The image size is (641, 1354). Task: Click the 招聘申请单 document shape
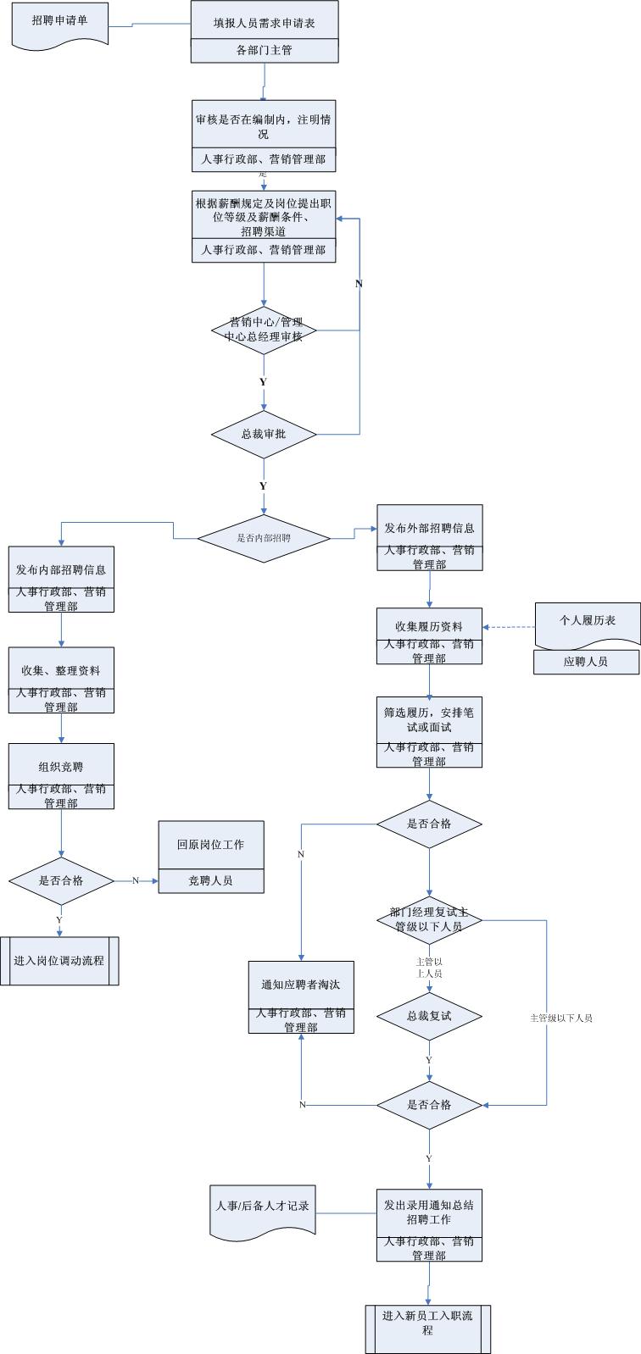(x=59, y=22)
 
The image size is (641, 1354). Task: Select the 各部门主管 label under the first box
(x=264, y=51)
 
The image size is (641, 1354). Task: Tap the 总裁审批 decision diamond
(x=264, y=434)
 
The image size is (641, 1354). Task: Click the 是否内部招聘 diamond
(x=264, y=537)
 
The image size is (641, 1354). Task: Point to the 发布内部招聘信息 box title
(x=61, y=570)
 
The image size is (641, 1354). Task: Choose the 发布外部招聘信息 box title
(x=429, y=528)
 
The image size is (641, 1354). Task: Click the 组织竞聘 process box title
(x=61, y=767)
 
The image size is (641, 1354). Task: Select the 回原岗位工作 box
(x=211, y=845)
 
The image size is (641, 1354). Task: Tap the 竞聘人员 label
(x=211, y=881)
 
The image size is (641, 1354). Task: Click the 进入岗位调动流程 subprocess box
(x=59, y=961)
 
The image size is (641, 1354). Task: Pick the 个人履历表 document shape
(x=588, y=621)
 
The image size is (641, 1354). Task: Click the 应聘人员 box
(x=586, y=662)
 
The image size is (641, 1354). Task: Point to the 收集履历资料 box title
(x=429, y=626)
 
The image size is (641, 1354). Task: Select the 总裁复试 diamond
(x=429, y=1016)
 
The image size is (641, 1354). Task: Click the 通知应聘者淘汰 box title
(x=301, y=985)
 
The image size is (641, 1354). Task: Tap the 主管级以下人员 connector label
(x=561, y=1018)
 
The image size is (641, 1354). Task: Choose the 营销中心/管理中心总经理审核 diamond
(x=264, y=330)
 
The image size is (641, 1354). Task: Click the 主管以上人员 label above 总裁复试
(x=429, y=968)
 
